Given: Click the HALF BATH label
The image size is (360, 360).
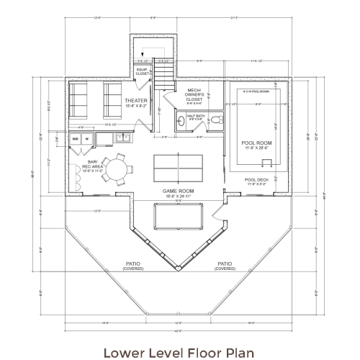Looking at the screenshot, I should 195,115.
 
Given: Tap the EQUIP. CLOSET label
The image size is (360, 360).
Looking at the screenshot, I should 143,71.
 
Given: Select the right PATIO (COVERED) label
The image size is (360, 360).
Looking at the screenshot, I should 225,265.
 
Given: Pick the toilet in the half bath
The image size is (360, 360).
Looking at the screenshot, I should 213,125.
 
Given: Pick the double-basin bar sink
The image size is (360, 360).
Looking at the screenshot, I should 123,137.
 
